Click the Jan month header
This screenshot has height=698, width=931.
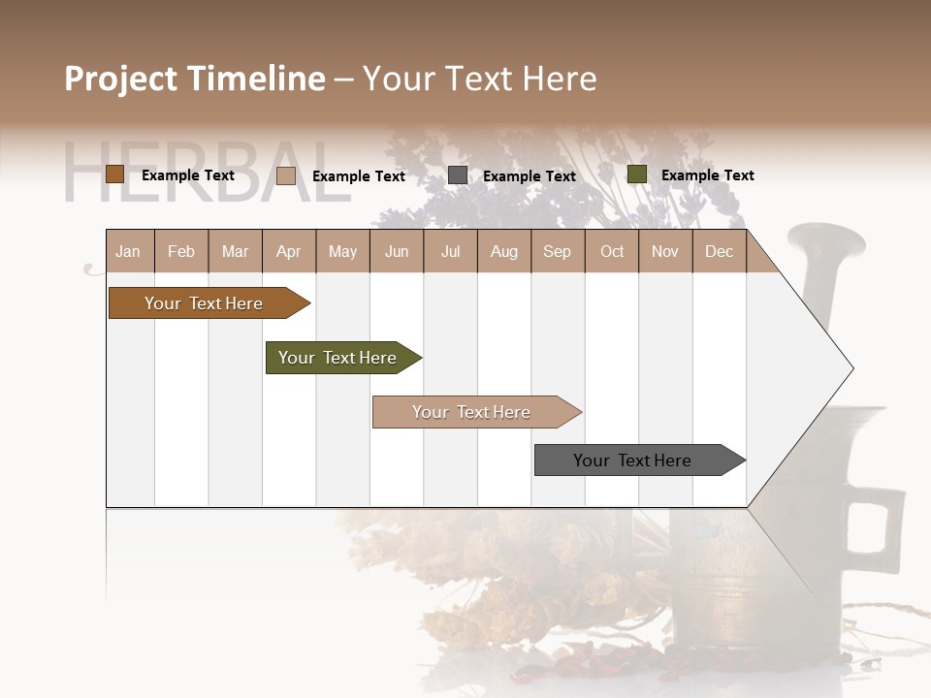(x=128, y=251)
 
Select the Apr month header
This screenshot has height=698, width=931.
(x=288, y=251)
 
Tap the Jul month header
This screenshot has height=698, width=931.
(x=450, y=251)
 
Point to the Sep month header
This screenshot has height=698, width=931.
(x=557, y=251)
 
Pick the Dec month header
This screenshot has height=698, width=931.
(x=719, y=251)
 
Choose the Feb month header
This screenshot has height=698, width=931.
(x=181, y=251)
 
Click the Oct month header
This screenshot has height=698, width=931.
(x=612, y=251)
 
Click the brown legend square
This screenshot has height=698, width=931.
(x=114, y=174)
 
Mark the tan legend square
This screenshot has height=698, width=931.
(x=285, y=175)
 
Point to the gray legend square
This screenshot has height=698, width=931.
(x=457, y=175)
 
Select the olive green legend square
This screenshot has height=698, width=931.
(x=636, y=174)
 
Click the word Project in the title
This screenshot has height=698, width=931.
(x=121, y=79)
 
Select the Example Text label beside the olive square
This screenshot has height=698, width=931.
(x=707, y=175)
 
